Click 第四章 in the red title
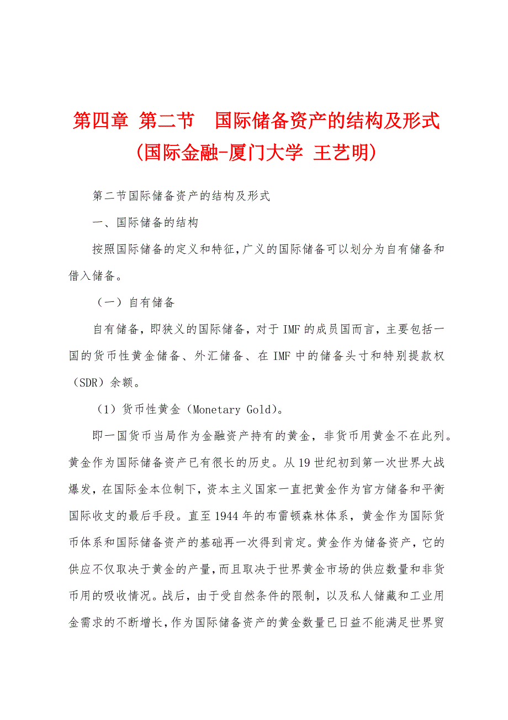click(100, 121)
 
